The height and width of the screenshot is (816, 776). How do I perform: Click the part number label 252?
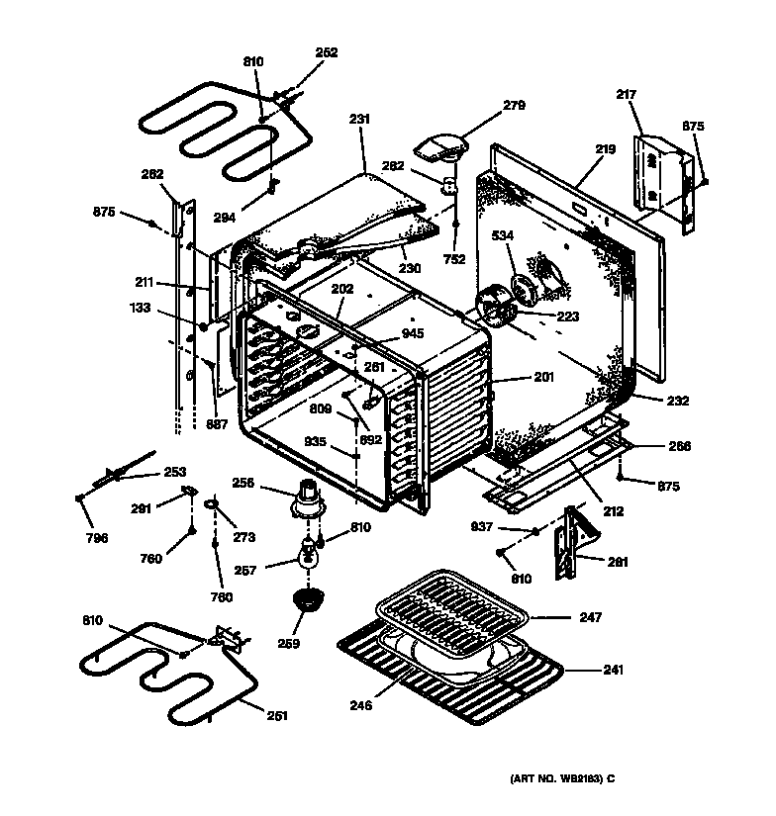pos(327,52)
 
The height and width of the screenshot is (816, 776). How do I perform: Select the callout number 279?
pos(513,105)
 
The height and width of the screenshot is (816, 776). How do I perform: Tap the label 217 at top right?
pos(625,95)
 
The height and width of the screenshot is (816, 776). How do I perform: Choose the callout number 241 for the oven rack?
pos(614,670)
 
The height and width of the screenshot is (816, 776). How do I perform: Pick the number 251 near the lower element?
pos(279,714)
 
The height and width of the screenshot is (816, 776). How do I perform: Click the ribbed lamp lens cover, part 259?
pos(310,599)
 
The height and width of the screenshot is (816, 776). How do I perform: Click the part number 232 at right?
pos(677,401)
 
